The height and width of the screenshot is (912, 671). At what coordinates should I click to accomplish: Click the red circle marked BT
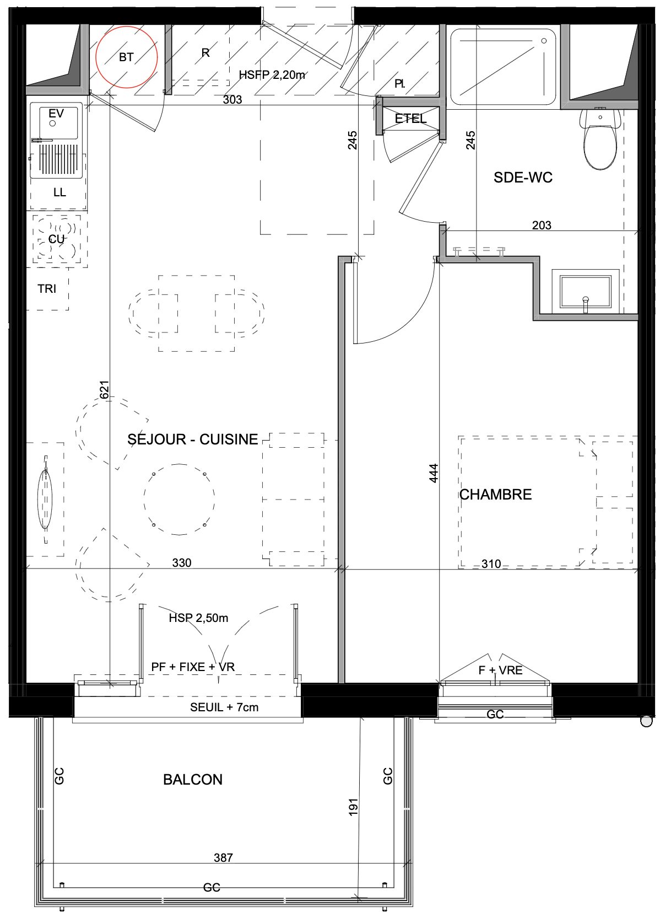coord(96,57)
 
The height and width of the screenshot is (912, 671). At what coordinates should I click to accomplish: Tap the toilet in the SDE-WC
coord(600,138)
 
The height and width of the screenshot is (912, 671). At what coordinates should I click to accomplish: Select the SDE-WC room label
coord(523,178)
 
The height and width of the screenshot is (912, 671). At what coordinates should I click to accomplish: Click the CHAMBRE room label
coord(496,494)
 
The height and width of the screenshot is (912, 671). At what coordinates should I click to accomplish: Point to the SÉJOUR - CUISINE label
coord(193,439)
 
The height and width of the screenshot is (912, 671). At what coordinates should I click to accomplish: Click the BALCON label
coord(193,780)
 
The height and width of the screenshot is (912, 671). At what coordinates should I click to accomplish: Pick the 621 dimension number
coord(105,390)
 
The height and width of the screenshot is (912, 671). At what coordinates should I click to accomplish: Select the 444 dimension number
coord(434,473)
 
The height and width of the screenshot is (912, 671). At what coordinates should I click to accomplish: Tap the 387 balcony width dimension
coord(223,858)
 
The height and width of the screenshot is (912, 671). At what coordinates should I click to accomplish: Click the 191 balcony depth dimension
coord(353,807)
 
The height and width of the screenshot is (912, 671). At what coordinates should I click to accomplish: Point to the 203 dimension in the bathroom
coord(542,225)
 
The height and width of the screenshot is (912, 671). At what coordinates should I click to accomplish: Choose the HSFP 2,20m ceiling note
coord(272,75)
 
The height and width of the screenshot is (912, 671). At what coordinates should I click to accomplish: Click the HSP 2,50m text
coord(198,618)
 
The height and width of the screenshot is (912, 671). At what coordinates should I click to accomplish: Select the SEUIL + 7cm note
coord(224,707)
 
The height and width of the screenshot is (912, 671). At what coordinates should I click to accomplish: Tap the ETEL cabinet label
coord(411,119)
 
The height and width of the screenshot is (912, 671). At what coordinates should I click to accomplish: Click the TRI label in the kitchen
coord(47,289)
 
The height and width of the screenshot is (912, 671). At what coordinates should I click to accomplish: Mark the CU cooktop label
coord(57,239)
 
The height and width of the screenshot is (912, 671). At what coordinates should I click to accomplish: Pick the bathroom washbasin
coord(586,292)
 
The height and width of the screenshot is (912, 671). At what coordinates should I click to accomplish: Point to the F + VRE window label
coord(500,670)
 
